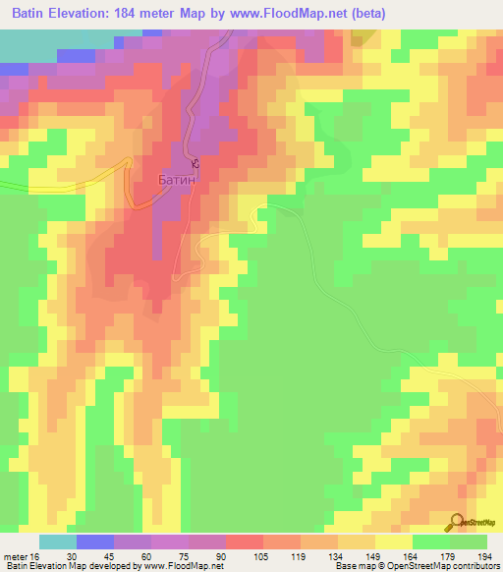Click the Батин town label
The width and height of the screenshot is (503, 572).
coord(178,181)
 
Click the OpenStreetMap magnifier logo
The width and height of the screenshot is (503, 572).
coord(456,523)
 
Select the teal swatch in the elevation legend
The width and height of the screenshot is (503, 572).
coord(58,542)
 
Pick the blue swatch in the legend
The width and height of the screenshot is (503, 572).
coord(95,542)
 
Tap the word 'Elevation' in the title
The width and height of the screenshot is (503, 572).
coord(96,14)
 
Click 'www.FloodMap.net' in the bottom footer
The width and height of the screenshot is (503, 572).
coord(185,566)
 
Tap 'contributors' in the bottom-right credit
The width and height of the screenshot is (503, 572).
coord(475,566)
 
